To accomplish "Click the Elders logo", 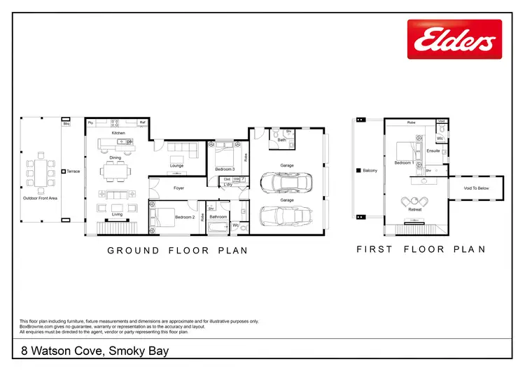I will (454, 40).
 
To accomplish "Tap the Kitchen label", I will (118, 132).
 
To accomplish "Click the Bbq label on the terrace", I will (66, 124).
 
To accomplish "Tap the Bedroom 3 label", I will (225, 169).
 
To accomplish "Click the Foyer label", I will (178, 188).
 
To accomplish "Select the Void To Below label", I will (475, 188).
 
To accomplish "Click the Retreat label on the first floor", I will (415, 209).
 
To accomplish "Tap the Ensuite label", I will (433, 150).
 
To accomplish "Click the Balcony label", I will (370, 170).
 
